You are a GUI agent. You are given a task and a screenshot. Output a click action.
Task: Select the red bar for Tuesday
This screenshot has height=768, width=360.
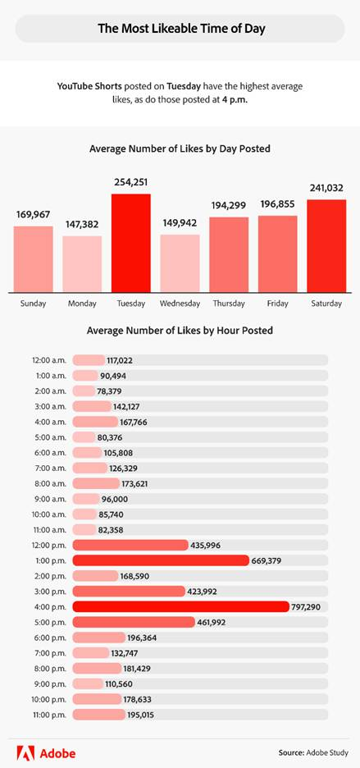tap(131, 243)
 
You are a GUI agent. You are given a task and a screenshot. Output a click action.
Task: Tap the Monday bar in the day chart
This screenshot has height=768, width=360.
tap(82, 263)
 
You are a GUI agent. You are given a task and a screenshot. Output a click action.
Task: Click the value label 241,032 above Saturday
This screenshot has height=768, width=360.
tap(326, 187)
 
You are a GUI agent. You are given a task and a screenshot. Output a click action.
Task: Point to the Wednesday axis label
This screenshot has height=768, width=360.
tap(180, 304)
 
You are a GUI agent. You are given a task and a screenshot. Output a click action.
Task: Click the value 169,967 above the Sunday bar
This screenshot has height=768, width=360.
tap(33, 214)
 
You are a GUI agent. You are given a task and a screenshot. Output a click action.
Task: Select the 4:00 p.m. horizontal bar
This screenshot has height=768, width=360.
tap(180, 606)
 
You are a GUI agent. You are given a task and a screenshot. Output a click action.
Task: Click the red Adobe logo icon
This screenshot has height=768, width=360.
tap(24, 751)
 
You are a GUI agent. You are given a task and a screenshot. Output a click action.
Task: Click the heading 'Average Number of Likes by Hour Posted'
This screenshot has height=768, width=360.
tap(180, 331)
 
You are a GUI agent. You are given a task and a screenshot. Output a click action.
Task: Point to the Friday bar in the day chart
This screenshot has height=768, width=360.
tap(277, 254)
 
